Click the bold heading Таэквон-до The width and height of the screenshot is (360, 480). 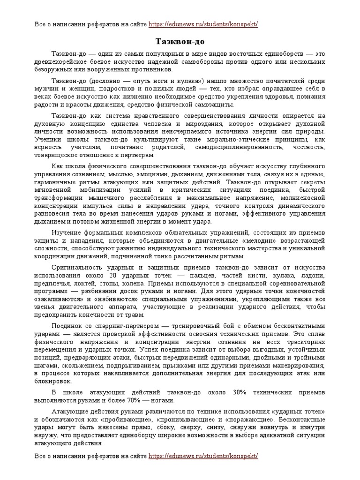coord(180,41)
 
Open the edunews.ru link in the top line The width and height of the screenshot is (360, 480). coord(203,24)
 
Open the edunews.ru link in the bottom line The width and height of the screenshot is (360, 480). coord(203,456)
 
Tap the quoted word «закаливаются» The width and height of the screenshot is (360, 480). coord(59,299)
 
